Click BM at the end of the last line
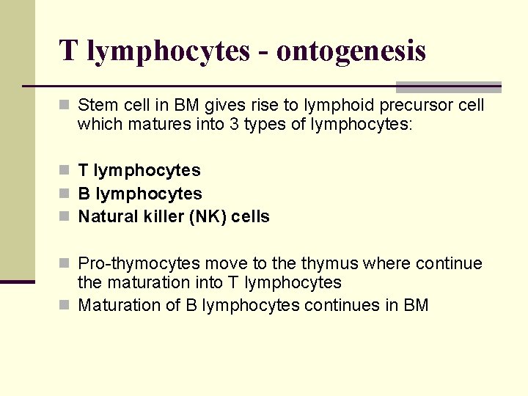[x=416, y=305]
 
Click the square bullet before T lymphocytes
[x=65, y=170]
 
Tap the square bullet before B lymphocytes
[x=65, y=194]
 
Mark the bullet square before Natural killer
[x=65, y=217]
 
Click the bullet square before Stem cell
[x=65, y=106]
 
